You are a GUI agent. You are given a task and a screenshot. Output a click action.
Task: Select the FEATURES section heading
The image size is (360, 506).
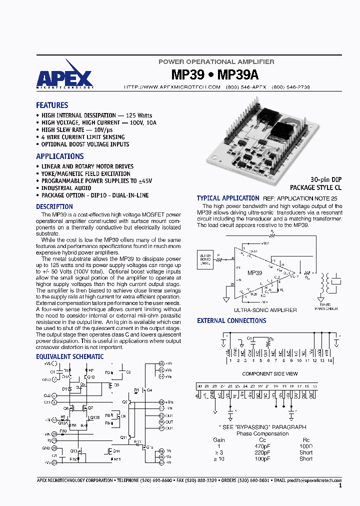52,105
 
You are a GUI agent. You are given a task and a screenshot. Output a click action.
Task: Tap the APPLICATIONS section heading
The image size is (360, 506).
60,156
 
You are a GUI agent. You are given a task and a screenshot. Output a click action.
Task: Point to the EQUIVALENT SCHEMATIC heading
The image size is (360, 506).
70,357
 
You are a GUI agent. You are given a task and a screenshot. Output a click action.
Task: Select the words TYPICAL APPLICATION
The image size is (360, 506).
228,198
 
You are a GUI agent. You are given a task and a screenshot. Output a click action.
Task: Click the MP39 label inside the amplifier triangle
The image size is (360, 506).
254,273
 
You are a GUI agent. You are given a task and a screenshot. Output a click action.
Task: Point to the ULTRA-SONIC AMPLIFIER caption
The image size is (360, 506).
265,310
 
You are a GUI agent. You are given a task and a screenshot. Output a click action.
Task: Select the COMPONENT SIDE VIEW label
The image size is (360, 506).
270,373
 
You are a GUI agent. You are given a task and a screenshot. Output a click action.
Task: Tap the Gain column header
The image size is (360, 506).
219,440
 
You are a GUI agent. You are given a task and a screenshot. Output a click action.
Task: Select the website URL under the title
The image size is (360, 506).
172,87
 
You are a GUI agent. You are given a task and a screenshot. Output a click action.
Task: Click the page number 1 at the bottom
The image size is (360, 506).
340,485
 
